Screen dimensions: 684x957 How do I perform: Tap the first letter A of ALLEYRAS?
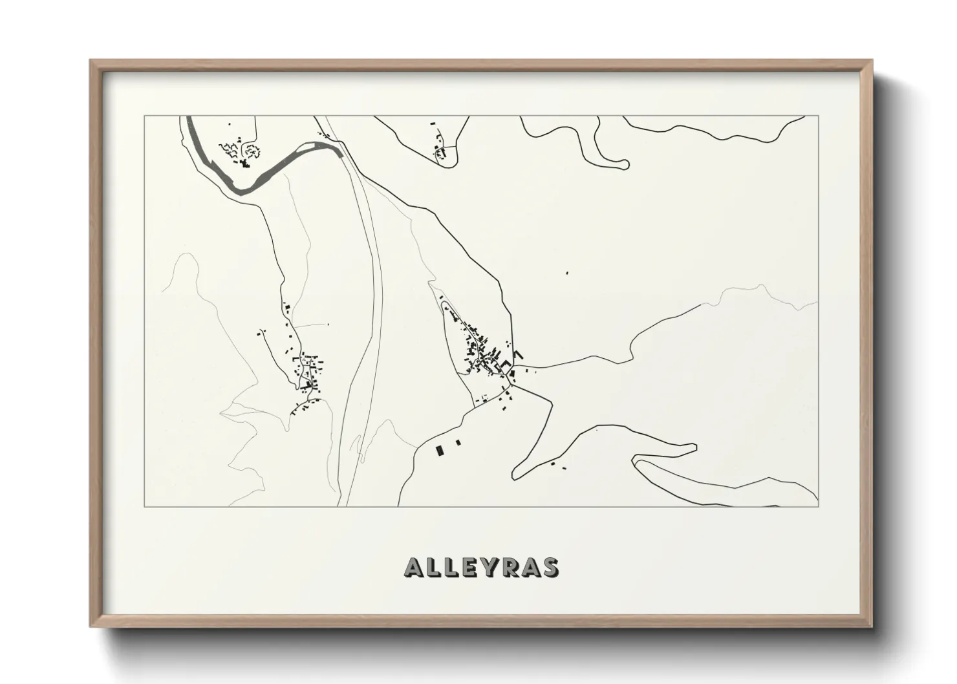414,567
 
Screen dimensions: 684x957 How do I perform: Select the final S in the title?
550,567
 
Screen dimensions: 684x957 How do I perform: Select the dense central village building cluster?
485,352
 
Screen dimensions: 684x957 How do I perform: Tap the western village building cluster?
308,372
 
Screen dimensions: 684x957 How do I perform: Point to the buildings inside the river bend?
239,153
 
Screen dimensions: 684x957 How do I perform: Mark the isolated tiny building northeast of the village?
567,273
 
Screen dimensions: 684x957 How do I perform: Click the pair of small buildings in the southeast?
558,465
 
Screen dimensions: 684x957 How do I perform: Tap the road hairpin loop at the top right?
621,164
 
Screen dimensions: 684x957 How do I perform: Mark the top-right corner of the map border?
818,116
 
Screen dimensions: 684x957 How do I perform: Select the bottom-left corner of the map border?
144,506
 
